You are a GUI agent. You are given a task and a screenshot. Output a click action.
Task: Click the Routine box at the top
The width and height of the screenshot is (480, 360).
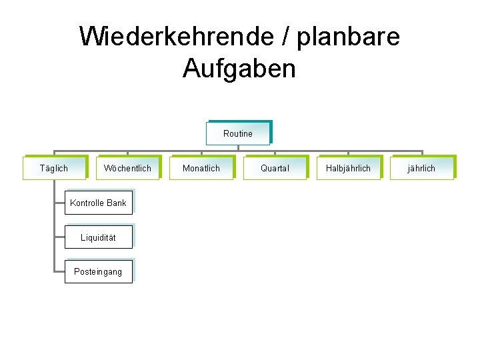[238, 133]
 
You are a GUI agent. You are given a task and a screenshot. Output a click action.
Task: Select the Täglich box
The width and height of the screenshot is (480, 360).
[54, 168]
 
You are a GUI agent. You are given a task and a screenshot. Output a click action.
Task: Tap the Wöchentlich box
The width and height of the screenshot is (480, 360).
[127, 168]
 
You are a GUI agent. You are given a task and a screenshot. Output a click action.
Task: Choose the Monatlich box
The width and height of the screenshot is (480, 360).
[201, 168]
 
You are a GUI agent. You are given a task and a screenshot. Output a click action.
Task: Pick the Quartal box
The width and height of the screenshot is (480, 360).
[275, 168]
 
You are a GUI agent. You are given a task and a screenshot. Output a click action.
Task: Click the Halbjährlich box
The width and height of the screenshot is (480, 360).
[348, 168]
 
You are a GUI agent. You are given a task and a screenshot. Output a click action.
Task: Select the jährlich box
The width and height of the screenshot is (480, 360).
[421, 168]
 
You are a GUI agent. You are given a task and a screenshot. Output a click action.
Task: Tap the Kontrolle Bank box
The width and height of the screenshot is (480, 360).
[98, 203]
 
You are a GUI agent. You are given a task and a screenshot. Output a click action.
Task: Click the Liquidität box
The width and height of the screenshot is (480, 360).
[98, 237]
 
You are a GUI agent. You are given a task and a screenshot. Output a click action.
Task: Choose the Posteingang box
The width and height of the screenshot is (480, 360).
[98, 272]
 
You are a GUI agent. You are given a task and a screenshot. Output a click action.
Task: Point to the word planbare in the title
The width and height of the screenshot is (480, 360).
[348, 37]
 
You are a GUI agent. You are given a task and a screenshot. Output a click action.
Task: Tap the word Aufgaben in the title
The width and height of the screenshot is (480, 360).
[239, 68]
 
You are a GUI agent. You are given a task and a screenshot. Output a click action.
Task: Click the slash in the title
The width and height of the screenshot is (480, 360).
[287, 37]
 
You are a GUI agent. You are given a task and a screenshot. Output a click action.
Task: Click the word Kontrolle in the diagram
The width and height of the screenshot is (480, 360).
[87, 203]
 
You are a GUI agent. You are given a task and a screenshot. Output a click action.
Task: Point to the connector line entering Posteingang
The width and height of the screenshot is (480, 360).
[59, 271]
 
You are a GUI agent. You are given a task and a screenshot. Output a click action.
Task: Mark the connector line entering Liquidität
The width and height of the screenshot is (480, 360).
[59, 237]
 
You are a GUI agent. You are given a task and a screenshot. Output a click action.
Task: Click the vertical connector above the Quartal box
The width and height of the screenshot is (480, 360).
[275, 153]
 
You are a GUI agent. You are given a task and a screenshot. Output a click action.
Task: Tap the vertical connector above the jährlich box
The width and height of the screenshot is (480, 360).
[421, 153]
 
